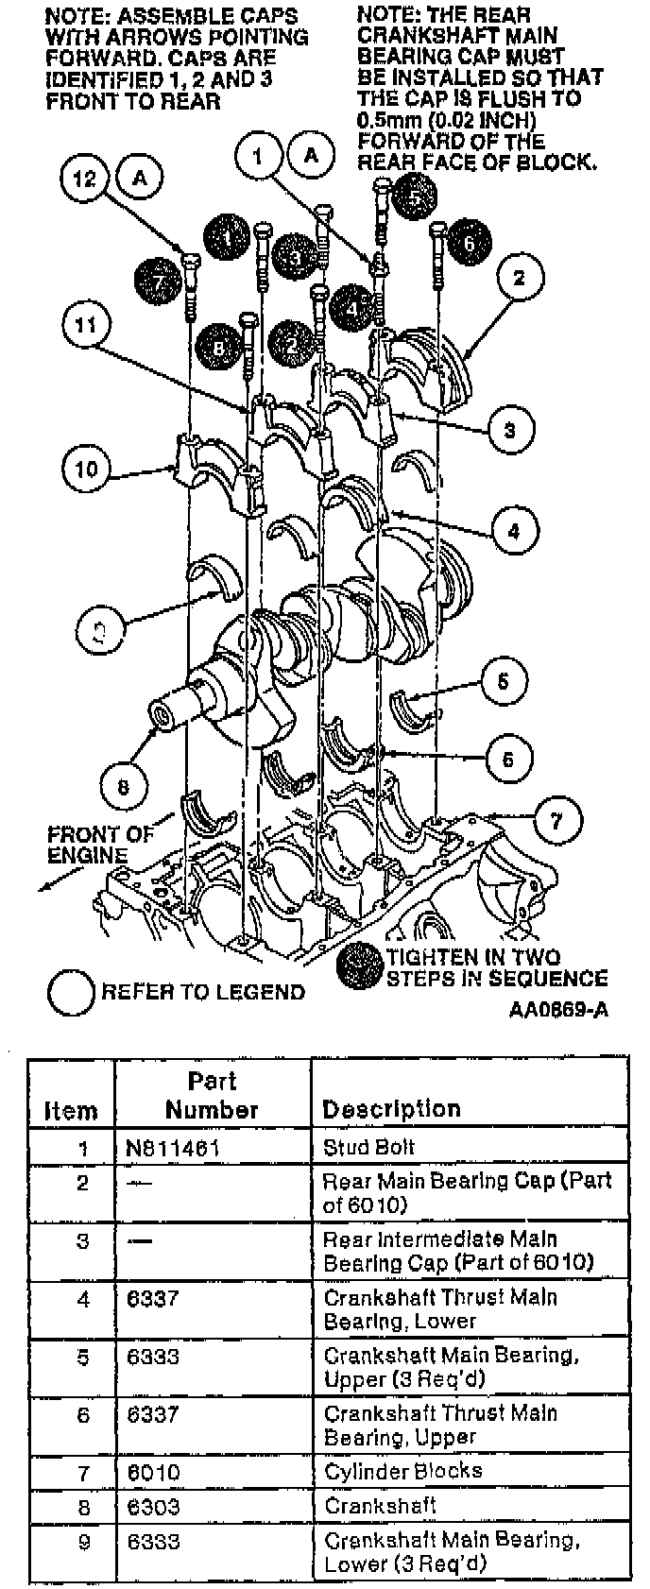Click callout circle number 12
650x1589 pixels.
[86, 178]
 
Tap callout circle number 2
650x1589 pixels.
[519, 278]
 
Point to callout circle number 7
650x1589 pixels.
[556, 821]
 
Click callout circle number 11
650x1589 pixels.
[86, 326]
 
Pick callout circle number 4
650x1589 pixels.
[513, 531]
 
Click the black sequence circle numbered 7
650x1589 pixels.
[158, 282]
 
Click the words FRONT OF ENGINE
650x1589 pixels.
[100, 845]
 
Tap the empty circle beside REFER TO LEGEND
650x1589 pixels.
[72, 992]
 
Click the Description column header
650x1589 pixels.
[391, 1108]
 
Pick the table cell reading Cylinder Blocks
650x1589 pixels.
[402, 1471]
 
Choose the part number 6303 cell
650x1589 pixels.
[153, 1506]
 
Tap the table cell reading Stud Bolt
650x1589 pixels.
[369, 1148]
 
